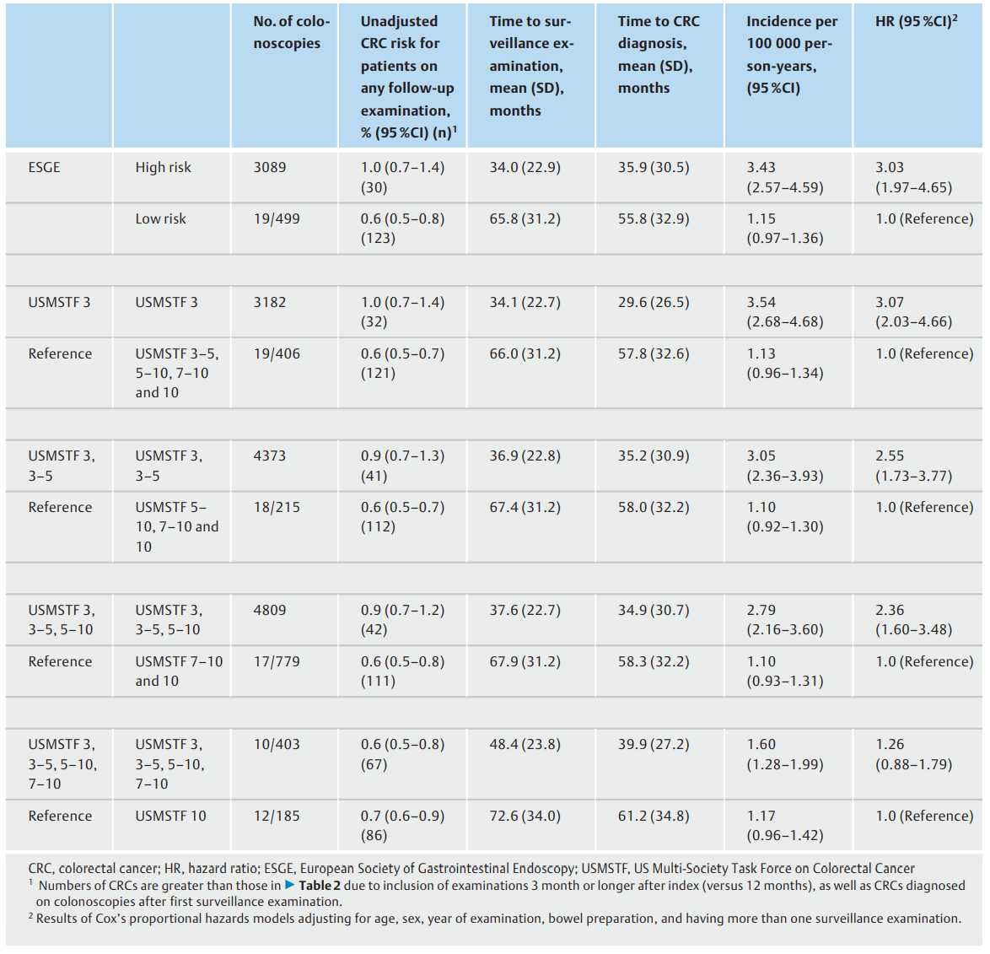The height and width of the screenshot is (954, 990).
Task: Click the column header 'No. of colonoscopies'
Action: coord(291,32)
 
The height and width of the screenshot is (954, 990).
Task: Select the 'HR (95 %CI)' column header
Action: coord(916,21)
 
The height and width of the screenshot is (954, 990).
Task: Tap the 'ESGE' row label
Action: coord(44,167)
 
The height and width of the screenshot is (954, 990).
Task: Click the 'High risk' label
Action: coord(163,167)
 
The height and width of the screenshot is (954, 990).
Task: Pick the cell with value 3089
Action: coord(270,167)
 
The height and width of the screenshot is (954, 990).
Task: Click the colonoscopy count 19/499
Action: coord(277,218)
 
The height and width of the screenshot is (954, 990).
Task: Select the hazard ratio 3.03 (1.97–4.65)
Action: coord(913,177)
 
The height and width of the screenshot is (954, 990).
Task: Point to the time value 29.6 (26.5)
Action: coord(654,302)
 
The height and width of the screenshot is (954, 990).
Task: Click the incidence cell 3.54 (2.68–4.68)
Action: coord(785,312)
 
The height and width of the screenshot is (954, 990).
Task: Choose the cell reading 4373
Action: coord(270,455)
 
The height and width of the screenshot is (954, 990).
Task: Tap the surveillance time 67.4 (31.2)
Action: coord(525,507)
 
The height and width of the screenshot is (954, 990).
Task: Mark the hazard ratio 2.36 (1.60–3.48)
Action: coord(913,619)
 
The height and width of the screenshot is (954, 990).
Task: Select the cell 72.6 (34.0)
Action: coord(525,816)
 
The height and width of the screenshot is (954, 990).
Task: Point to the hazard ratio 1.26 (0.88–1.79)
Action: coord(913,754)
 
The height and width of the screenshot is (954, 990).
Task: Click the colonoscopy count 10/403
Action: coord(277,744)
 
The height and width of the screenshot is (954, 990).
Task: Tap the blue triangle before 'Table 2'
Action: coord(290,885)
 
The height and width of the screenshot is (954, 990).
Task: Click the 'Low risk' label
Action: coord(160,218)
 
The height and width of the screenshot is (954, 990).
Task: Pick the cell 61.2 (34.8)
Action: coord(654,816)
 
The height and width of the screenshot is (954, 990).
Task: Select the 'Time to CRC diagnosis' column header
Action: coord(659,54)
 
